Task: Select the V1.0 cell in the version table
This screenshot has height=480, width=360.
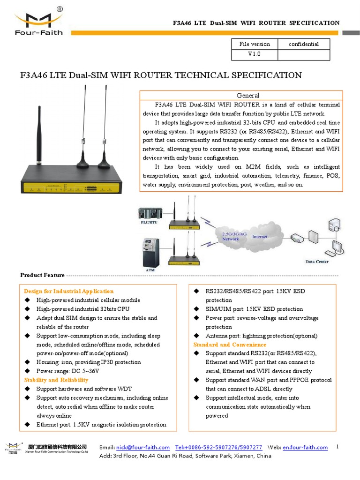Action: click(x=255, y=54)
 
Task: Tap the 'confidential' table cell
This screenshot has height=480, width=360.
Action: click(x=304, y=44)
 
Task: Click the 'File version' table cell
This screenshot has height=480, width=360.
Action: click(x=255, y=44)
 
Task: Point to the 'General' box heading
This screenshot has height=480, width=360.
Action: click(x=248, y=95)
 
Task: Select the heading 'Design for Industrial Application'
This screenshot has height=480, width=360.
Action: click(x=69, y=291)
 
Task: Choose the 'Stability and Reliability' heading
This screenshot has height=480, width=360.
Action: click(x=56, y=380)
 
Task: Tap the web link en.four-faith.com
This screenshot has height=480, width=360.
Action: click(x=305, y=448)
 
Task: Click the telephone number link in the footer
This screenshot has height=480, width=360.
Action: click(x=218, y=448)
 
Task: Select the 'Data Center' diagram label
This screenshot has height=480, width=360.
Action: click(x=317, y=262)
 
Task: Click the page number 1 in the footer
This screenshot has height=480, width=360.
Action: click(x=337, y=447)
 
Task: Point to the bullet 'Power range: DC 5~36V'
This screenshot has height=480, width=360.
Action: click(x=68, y=371)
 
